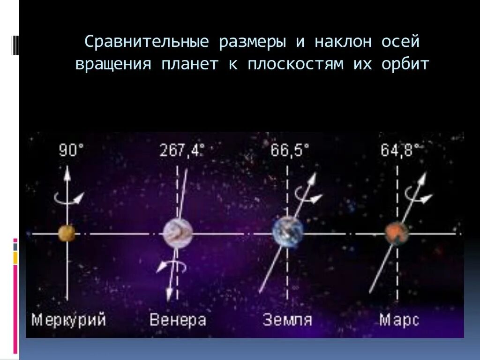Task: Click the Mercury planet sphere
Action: [x=67, y=233]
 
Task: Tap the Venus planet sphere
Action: [x=178, y=233]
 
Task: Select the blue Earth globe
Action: [x=288, y=232]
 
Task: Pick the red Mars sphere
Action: [x=397, y=233]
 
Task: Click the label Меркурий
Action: [x=69, y=320]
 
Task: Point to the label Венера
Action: [x=178, y=320]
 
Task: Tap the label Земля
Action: [x=287, y=320]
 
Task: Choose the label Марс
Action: [x=399, y=320]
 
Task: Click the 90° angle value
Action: [x=71, y=150]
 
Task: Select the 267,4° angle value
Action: [x=182, y=150]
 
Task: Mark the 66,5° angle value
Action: [x=290, y=150]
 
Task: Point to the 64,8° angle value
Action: [x=401, y=150]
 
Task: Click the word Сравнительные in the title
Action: [x=146, y=42]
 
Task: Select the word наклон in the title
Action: [x=343, y=42]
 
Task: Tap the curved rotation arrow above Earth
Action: [x=307, y=195]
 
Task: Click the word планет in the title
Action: [x=190, y=64]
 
